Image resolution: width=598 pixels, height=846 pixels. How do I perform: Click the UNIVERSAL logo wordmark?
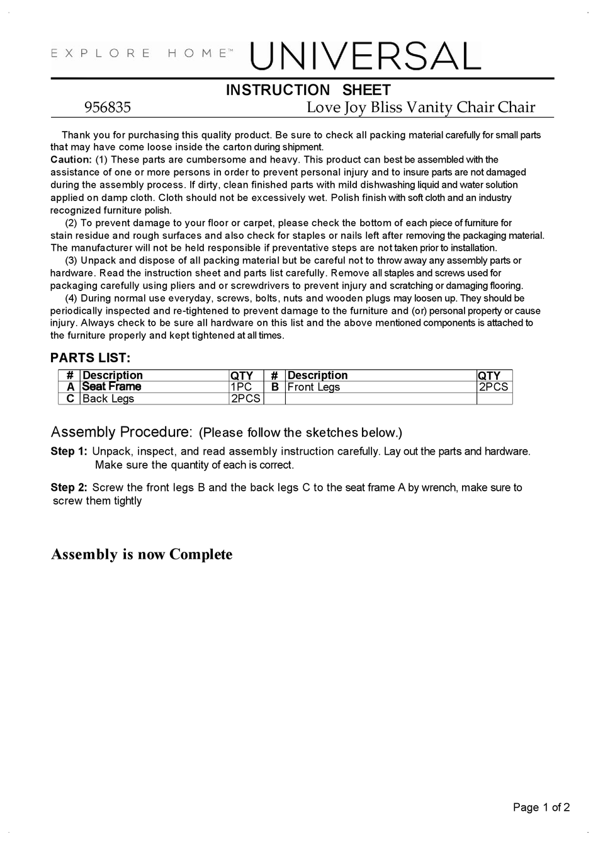[x=365, y=57]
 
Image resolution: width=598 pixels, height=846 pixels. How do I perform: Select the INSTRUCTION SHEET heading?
[x=308, y=90]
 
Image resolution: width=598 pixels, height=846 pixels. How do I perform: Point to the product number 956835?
[x=108, y=108]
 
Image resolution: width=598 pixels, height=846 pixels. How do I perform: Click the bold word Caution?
[x=71, y=160]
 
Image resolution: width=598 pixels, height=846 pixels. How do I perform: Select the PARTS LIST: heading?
[x=91, y=358]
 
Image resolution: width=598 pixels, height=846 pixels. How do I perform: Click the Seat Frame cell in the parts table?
[x=111, y=387]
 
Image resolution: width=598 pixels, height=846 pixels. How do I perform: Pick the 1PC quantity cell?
[x=241, y=387]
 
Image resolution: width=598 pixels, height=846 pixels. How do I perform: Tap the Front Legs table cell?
[x=313, y=387]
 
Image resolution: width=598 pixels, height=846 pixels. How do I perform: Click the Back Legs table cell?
[x=108, y=399]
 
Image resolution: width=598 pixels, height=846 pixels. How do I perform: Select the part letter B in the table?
[x=274, y=387]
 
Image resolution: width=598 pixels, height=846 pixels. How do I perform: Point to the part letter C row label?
[x=70, y=399]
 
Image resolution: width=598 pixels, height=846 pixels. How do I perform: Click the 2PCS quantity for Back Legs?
[x=245, y=399]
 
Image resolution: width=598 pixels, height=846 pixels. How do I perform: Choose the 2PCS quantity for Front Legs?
[x=494, y=387]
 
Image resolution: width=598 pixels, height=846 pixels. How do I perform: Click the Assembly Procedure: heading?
[x=121, y=432]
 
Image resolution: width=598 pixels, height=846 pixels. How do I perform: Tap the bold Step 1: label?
[x=69, y=452]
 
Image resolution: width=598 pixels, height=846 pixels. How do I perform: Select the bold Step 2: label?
[x=69, y=488]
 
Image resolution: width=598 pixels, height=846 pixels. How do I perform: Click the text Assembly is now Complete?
[x=142, y=554]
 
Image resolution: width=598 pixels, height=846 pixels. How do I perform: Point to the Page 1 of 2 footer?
[x=541, y=808]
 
